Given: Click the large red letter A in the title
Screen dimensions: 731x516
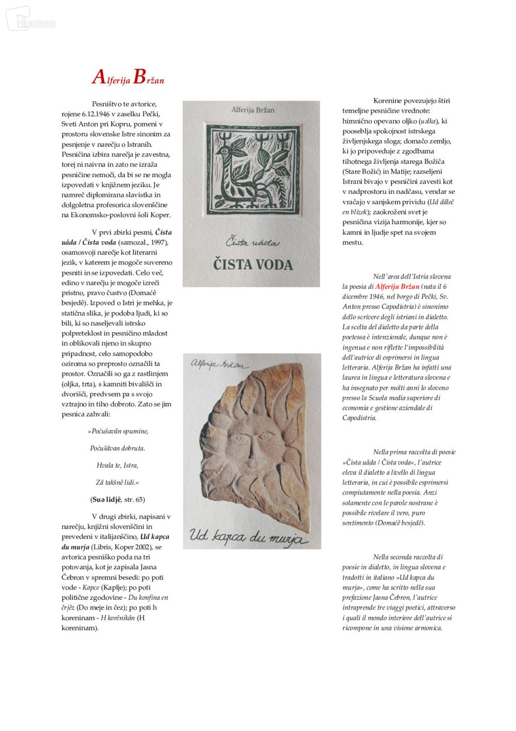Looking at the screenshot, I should (99, 77).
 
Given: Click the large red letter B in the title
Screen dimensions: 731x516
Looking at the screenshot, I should (139, 77).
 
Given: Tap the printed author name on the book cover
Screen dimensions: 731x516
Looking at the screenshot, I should (253, 110).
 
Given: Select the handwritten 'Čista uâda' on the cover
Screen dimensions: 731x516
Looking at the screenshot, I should (252, 242).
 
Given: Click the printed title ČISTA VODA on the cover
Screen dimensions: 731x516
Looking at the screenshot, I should (253, 265).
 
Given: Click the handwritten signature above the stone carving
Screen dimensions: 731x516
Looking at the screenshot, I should (220, 364).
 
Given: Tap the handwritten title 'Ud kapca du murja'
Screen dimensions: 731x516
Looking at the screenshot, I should (248, 537).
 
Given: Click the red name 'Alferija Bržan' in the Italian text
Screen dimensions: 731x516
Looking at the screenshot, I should (397, 287).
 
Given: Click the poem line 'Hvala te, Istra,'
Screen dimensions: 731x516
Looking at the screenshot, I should (117, 465).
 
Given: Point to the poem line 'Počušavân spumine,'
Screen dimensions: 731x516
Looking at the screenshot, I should (118, 431).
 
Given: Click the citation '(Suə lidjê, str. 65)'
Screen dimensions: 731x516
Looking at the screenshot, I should (118, 500).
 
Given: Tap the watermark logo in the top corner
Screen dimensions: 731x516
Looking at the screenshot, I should (28, 20).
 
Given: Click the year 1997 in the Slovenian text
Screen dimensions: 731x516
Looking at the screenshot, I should (158, 242).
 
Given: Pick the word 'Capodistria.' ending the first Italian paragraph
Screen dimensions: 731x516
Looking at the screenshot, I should (359, 418).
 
